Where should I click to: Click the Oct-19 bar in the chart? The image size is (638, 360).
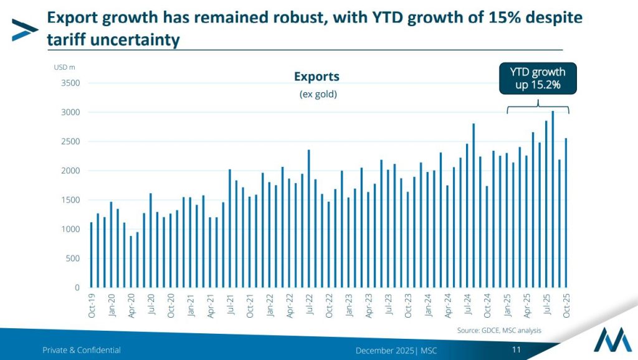[x=91, y=255]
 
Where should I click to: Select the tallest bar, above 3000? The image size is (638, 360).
[x=553, y=199]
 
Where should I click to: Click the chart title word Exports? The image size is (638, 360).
[x=317, y=77]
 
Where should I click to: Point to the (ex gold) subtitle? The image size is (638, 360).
[x=317, y=94]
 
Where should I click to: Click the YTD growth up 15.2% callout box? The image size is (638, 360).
[x=538, y=78]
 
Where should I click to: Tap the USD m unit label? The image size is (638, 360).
[x=64, y=67]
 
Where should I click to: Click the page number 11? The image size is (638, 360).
[x=516, y=349]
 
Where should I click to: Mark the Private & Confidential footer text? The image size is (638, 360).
[x=82, y=350]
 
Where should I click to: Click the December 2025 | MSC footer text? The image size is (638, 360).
[x=396, y=350]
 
